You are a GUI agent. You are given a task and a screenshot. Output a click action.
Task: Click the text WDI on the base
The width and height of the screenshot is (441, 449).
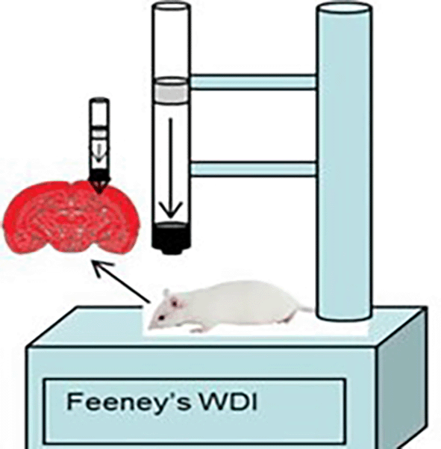(x=228, y=401)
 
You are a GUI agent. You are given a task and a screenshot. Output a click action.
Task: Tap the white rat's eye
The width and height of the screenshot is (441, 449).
(x=162, y=318)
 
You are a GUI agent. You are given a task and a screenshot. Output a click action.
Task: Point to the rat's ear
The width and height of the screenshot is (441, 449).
(x=167, y=294)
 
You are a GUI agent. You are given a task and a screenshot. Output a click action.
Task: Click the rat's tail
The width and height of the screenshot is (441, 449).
(x=303, y=309)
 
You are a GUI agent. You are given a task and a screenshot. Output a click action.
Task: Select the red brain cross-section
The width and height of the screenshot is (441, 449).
(x=71, y=217)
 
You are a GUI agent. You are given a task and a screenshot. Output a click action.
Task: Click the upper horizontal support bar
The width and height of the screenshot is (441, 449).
(x=254, y=82)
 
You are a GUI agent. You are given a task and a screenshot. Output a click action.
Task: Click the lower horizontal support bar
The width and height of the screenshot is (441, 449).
(x=254, y=169)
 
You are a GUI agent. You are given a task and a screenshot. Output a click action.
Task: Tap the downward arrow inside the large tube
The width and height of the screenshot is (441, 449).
(x=171, y=168)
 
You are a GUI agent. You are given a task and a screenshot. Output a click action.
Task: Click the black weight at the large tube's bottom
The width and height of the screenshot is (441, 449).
(x=171, y=238)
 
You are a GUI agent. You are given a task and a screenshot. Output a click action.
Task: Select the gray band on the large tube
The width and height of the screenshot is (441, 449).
(x=171, y=90)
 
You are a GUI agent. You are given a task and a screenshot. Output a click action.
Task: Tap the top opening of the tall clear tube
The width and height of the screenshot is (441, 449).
(x=171, y=6)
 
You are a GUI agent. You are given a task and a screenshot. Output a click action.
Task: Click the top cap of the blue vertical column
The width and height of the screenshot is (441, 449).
(x=344, y=9)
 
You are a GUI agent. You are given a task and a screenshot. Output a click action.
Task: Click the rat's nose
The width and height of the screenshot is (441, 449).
(x=150, y=326)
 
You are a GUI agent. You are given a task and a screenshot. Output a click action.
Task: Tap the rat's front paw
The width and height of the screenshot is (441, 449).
(x=196, y=330)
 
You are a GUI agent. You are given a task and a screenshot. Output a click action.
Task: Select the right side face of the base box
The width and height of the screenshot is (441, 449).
(x=401, y=378)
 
